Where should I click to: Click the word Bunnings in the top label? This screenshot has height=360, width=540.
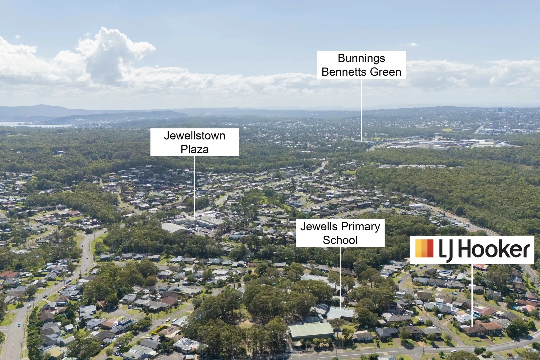(361, 58)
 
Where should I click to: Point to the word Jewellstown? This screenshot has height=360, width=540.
(195, 136)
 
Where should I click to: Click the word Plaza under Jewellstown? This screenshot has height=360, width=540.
(195, 149)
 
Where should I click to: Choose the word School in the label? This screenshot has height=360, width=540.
(340, 240)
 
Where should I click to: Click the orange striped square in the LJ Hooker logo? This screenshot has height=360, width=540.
(424, 248)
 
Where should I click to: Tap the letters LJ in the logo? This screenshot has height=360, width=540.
(446, 250)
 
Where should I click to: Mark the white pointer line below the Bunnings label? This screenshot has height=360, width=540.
(361, 110)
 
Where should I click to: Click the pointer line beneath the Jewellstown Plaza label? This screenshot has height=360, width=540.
(195, 187)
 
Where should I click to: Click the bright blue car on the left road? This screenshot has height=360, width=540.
(19, 325)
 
